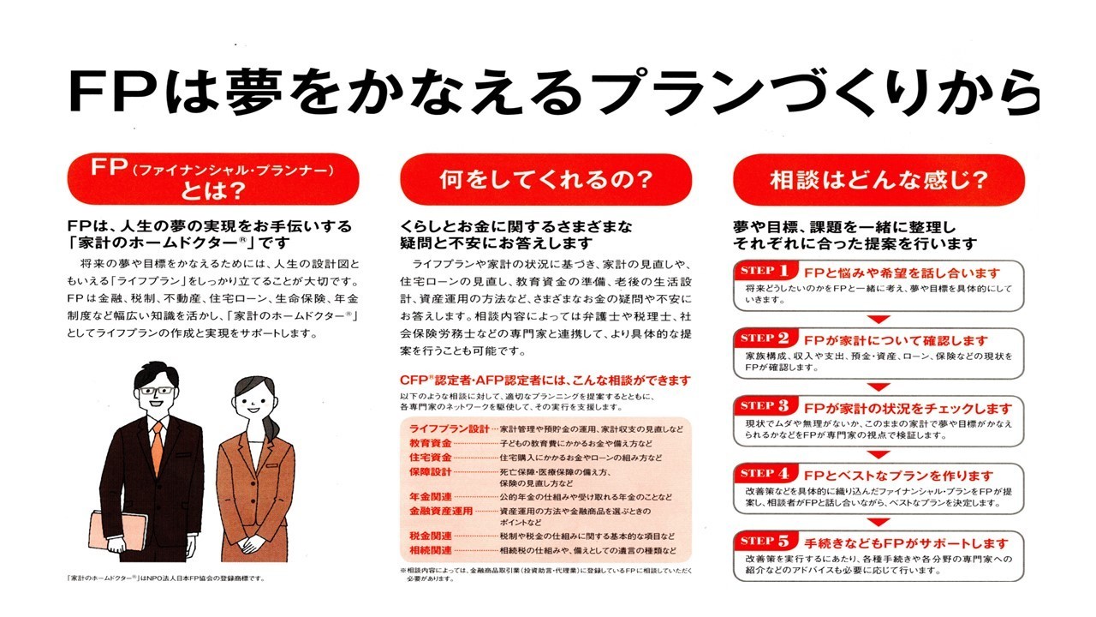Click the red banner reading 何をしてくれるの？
click(545, 179)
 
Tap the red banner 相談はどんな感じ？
click(879, 180)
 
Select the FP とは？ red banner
click(213, 179)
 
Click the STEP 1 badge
click(765, 270)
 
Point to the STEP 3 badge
click(765, 406)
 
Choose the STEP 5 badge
click(765, 541)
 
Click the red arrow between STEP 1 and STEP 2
click(879, 320)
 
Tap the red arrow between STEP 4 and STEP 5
click(879, 522)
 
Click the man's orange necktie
click(157, 447)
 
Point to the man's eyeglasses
click(157, 391)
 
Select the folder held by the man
click(117, 531)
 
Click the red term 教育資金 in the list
click(431, 444)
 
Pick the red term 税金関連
click(431, 536)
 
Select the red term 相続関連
click(431, 550)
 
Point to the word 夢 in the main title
click(254, 91)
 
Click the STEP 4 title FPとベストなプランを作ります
click(899, 476)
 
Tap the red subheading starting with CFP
click(545, 380)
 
